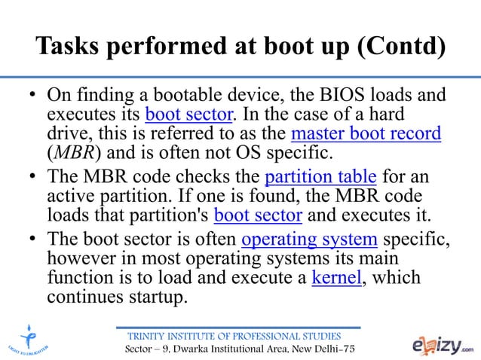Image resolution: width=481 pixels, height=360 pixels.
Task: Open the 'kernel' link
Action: click(x=335, y=279)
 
